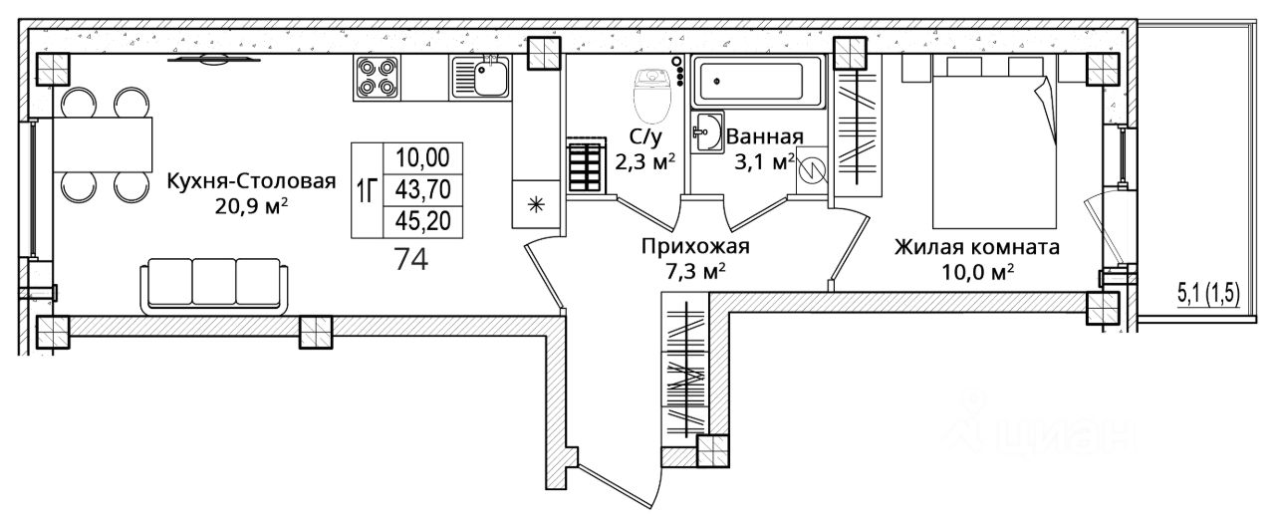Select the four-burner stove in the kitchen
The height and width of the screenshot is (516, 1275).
378,77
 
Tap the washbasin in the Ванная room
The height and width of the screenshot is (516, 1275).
710,132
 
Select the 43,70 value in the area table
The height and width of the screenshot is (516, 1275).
423,188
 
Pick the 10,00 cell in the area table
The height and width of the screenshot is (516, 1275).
423,157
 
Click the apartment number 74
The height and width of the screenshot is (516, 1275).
410,259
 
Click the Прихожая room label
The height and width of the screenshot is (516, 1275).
695,246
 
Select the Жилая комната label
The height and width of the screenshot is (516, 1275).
976,246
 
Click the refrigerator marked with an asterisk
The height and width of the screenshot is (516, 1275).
536,205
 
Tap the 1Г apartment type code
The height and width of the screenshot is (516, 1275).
366,190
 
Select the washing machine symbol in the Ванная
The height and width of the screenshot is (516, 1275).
813,170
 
